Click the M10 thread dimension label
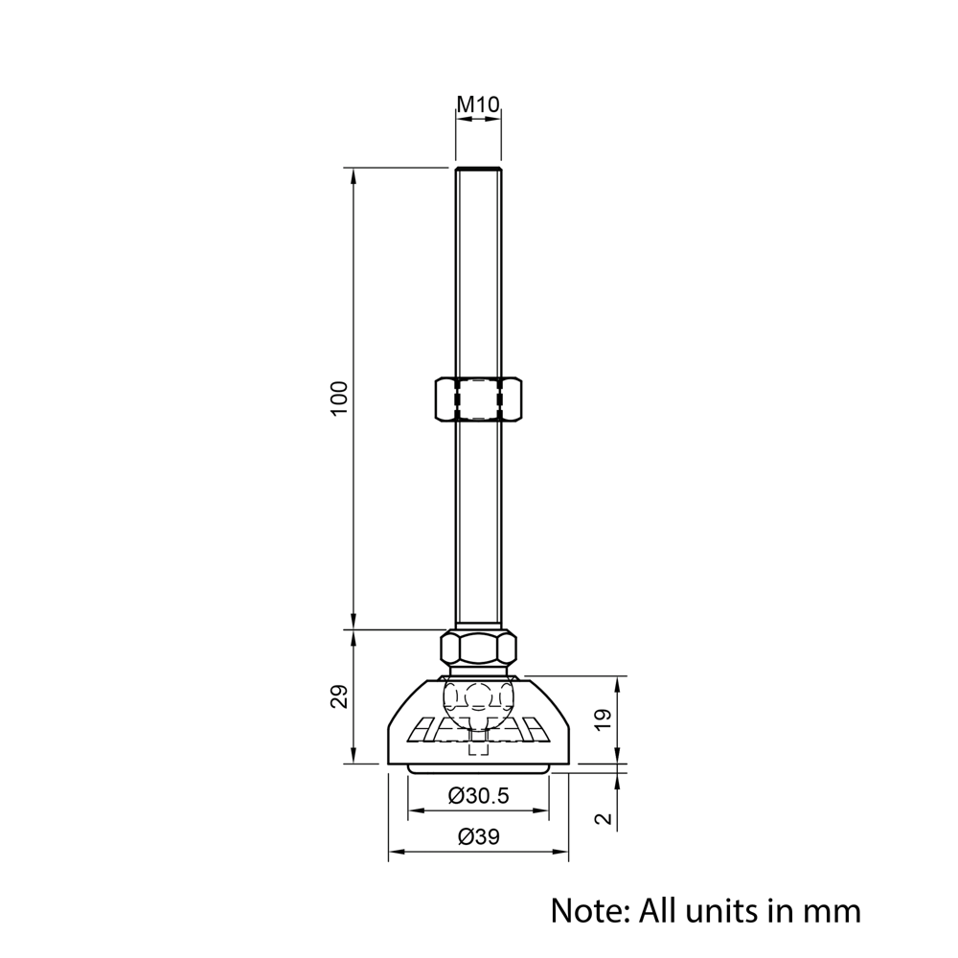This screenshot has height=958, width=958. tap(478, 103)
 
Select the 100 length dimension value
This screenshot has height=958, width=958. tap(338, 398)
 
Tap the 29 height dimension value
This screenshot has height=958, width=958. tap(338, 696)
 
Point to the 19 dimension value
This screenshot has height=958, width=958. tap(602, 720)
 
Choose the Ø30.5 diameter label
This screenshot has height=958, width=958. tap(478, 796)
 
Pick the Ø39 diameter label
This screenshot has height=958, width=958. tap(478, 836)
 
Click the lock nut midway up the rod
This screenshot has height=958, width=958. tap(478, 399)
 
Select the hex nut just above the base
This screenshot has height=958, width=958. tap(478, 649)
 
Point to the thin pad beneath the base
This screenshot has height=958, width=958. tap(478, 768)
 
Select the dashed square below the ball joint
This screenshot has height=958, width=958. tap(478, 747)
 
